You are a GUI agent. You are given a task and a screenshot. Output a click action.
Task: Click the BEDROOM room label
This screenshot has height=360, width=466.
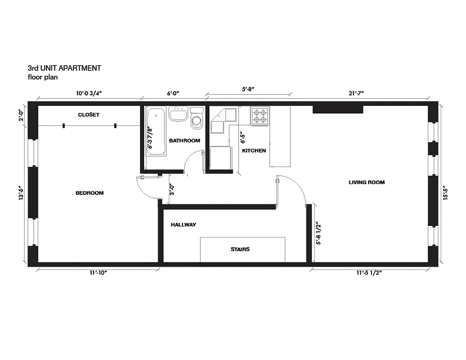[90, 193]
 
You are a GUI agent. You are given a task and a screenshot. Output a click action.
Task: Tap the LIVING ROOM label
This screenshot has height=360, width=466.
[366, 182]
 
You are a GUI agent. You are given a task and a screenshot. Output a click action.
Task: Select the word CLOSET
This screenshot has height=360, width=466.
[89, 115]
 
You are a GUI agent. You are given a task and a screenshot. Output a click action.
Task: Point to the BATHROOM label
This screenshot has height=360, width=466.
[185, 141]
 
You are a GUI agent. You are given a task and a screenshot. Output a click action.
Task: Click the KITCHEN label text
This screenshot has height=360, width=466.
[254, 151]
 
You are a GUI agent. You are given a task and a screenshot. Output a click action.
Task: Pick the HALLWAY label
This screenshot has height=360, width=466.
[183, 225]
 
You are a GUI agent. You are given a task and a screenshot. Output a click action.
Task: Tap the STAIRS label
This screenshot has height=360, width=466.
[240, 249]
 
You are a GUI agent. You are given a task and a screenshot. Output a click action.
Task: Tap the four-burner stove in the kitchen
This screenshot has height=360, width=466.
[260, 116]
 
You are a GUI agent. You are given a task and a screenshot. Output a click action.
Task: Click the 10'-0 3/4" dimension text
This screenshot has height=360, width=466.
[89, 94]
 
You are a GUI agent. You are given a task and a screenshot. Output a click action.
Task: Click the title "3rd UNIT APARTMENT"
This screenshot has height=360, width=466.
[64, 68]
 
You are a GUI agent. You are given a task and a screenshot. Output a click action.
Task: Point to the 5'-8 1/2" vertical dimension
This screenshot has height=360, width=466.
[319, 233]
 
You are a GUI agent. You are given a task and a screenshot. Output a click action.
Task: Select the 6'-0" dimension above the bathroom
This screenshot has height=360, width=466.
[173, 94]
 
